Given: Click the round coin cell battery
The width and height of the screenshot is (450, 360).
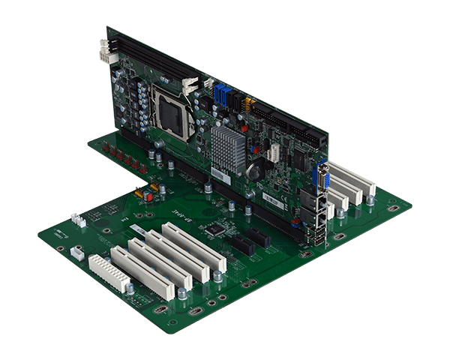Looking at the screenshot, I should click(255, 169).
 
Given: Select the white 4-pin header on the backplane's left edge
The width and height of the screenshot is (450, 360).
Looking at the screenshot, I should click(77, 220).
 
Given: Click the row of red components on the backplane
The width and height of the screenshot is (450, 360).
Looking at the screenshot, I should click(123, 157).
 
